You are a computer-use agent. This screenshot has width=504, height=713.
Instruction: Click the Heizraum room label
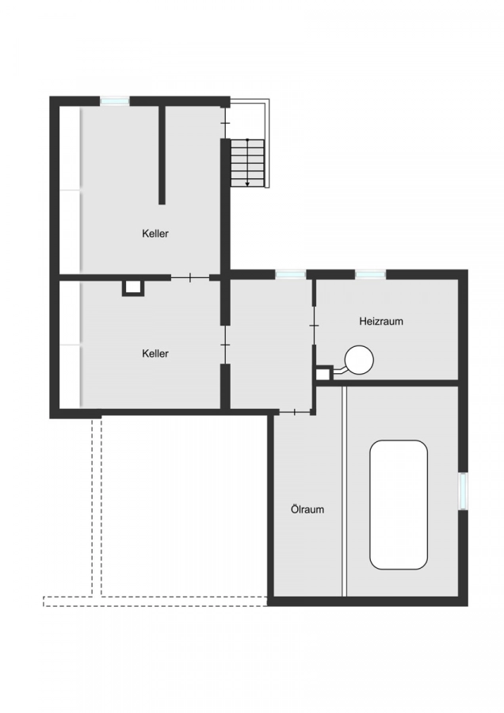[x=381, y=322]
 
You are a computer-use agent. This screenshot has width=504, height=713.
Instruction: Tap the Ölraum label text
[x=307, y=509]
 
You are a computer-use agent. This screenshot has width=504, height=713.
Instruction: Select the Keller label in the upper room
[x=155, y=233]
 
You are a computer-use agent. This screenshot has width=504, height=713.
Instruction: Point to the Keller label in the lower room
[x=155, y=353]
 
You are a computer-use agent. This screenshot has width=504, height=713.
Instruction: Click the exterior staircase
[x=247, y=162]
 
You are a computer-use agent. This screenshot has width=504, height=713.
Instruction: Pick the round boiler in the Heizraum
[x=360, y=360]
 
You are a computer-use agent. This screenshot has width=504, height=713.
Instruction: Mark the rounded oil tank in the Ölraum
[x=399, y=504]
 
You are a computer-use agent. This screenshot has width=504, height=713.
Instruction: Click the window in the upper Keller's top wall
[x=115, y=101]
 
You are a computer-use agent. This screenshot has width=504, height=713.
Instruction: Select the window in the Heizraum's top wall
[x=370, y=274]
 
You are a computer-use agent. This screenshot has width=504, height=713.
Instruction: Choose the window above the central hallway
[x=290, y=274]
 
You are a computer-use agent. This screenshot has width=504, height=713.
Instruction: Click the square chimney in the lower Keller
[x=133, y=288]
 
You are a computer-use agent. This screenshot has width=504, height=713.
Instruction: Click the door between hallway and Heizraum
[x=314, y=326]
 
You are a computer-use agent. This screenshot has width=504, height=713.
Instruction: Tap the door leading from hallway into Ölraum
[x=295, y=412]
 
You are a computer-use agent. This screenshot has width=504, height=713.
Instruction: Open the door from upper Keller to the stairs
[x=225, y=123]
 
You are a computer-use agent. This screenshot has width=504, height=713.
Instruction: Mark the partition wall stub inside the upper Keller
[x=162, y=154]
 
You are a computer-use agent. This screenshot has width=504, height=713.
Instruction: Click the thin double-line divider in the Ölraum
[x=344, y=491]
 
